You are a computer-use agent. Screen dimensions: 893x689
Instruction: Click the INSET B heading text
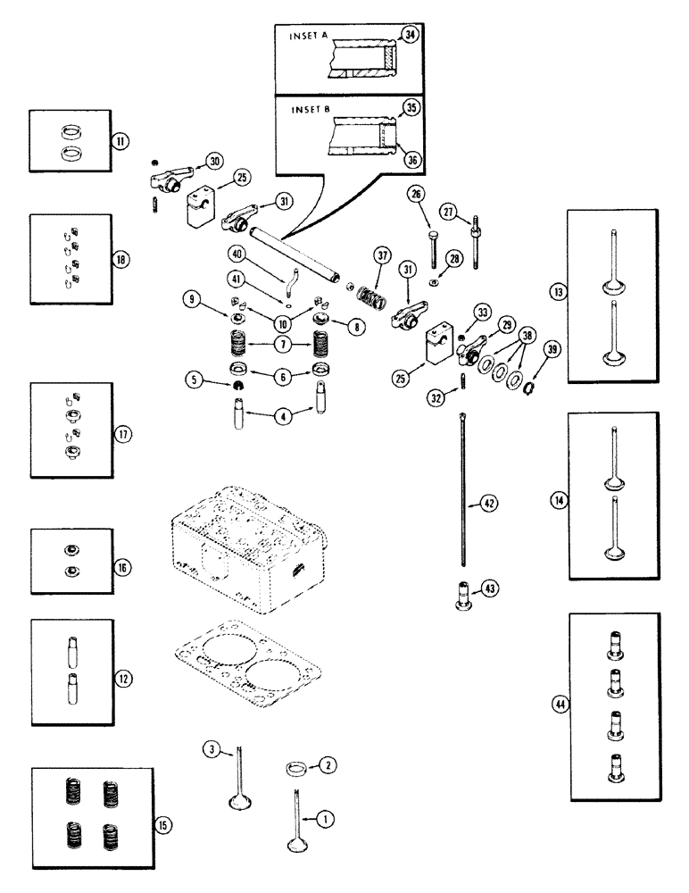click(309, 113)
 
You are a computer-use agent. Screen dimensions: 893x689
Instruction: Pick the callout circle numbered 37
click(383, 256)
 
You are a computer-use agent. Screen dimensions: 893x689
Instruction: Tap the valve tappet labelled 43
click(463, 595)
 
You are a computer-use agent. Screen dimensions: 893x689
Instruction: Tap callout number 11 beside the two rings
click(119, 140)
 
